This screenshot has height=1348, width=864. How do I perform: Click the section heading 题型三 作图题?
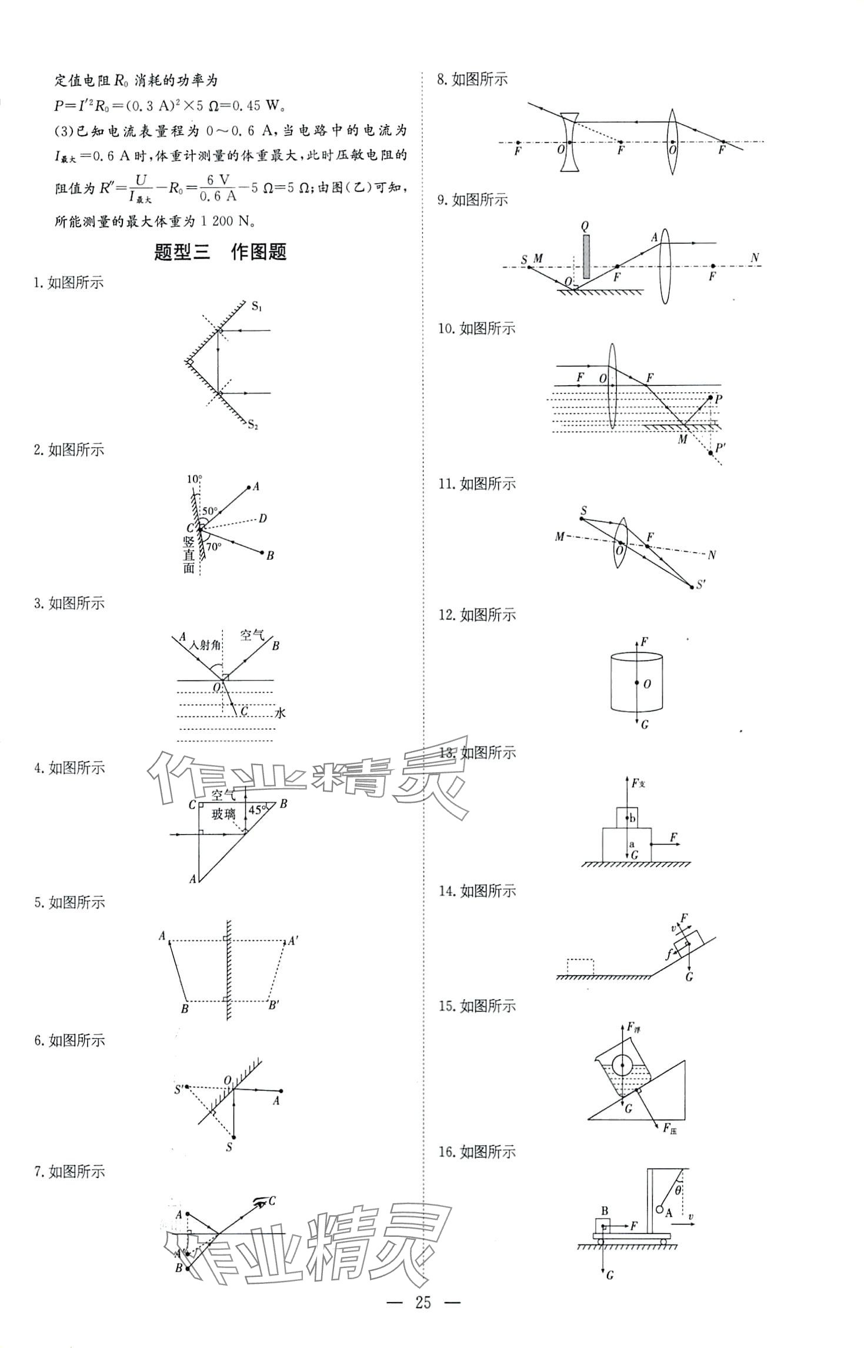pos(219,252)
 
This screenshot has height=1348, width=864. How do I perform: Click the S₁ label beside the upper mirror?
pos(257,306)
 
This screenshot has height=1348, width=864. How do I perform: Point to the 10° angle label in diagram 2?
pos(194,479)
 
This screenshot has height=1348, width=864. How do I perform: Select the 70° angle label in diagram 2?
pos(214,546)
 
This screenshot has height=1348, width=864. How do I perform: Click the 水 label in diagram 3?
pos(280,712)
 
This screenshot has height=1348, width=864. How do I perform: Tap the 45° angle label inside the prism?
pos(256,809)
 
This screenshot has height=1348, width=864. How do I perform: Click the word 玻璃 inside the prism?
pos(223,814)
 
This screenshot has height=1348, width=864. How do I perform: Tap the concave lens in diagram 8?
pos(569,142)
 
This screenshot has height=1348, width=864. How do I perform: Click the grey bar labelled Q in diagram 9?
pos(586,256)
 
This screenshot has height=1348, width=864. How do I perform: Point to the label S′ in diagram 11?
pos(700,585)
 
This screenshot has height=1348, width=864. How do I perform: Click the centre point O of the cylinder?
pos(636,683)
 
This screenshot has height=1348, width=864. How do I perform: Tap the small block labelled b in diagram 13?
pos(626,818)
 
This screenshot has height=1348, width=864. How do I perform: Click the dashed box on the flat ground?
pos(580,966)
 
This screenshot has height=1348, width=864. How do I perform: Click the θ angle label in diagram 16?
pos(678,1190)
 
